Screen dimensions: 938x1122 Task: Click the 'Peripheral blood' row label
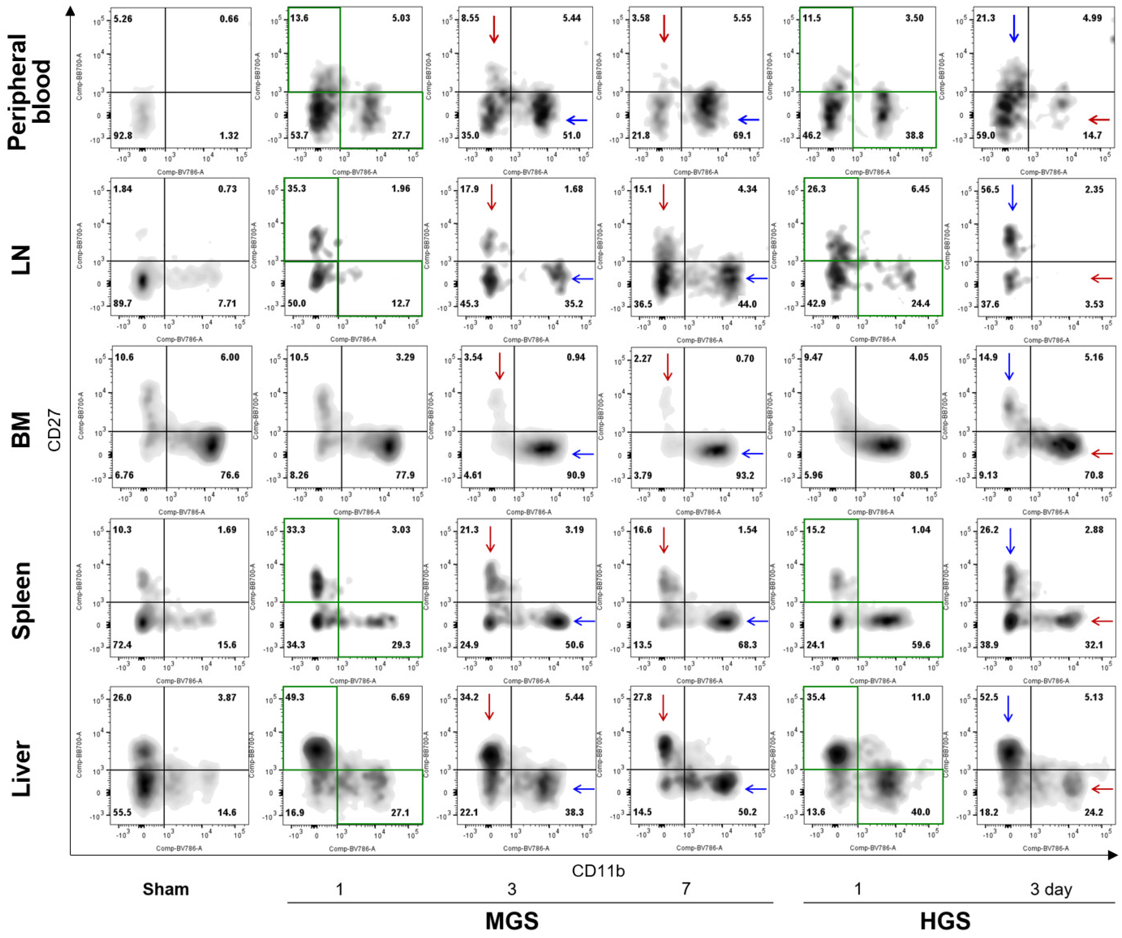29,79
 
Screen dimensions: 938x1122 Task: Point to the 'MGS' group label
512,921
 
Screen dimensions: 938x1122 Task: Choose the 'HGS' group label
945,921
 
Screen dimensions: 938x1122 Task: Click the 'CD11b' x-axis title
598,871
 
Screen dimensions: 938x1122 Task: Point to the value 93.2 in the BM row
744,475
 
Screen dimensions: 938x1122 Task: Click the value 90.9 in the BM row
575,475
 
